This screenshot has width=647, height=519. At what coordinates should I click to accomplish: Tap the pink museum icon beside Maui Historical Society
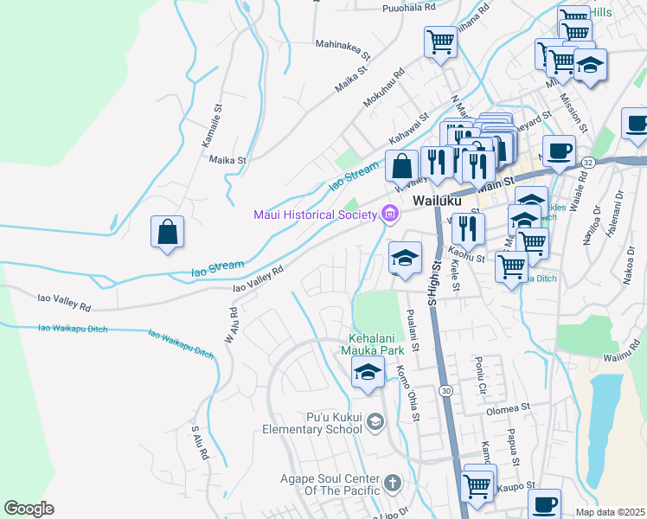388,213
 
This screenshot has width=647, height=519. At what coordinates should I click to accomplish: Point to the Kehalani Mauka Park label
376,345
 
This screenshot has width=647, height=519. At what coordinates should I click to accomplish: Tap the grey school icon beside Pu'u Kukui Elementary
375,421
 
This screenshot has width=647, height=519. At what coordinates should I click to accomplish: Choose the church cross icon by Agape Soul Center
392,483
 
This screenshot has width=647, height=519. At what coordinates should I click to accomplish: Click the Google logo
29,509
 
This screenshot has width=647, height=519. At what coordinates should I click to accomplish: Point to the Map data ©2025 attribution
611,512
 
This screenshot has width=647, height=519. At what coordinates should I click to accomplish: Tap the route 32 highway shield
588,162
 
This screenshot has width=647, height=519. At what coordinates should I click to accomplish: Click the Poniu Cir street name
477,371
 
